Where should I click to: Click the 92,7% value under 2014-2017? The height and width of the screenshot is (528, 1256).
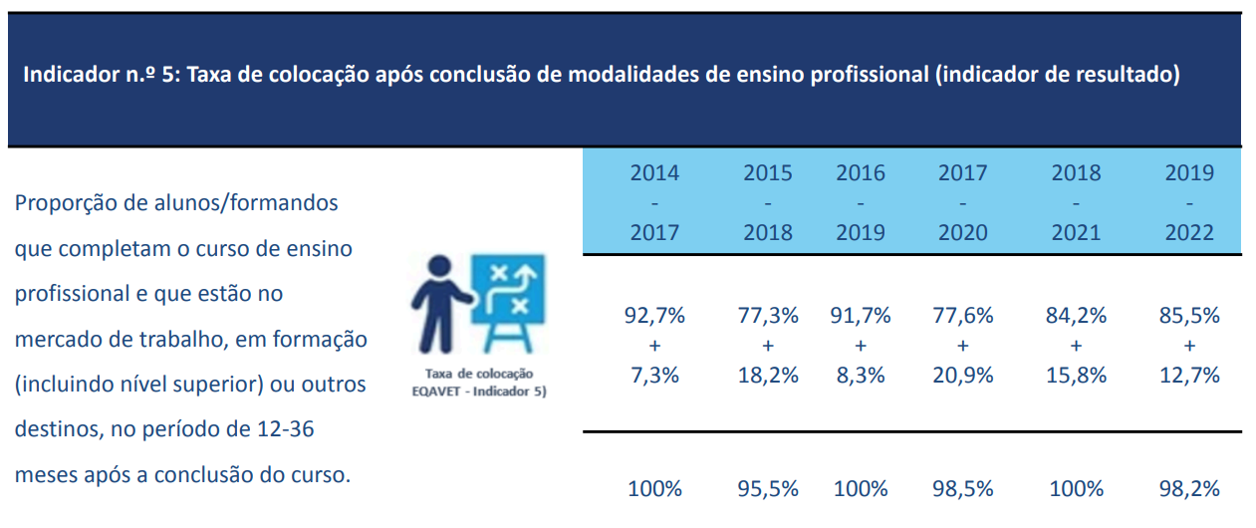[x=654, y=317]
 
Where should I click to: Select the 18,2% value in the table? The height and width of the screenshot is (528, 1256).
[x=768, y=376]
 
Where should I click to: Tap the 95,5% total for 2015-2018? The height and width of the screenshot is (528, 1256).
[x=768, y=489]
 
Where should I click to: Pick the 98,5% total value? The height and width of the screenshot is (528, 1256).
[x=962, y=489]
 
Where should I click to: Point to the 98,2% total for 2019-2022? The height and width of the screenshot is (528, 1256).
[x=1189, y=489]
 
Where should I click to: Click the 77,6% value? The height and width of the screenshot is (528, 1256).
[x=962, y=317]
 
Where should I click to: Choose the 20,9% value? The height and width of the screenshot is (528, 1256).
[x=962, y=376]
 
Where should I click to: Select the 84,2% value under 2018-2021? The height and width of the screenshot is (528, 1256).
[x=1076, y=317]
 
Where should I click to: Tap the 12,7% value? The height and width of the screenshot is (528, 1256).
[x=1189, y=376]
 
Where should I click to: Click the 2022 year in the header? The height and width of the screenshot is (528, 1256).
[x=1189, y=233]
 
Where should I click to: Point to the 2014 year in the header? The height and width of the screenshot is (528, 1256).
[x=654, y=173]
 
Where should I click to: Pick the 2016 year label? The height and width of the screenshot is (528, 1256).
[x=861, y=173]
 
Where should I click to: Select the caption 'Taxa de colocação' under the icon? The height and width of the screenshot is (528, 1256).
[x=479, y=374]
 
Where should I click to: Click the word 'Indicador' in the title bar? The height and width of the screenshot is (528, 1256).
[x=62, y=76]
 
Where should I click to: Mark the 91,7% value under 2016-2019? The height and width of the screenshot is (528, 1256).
[x=861, y=317]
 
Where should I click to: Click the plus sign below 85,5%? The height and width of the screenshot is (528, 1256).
[x=1189, y=347]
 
